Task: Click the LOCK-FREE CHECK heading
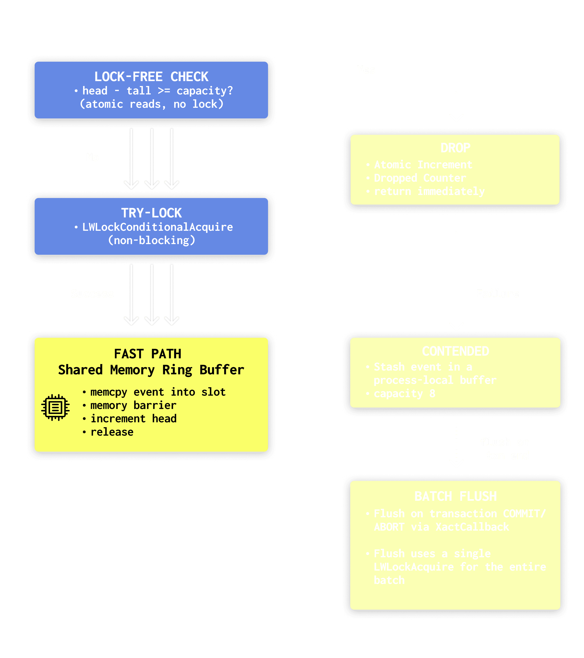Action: [151, 77]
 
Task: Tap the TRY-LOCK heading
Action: [151, 213]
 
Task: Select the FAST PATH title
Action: [148, 354]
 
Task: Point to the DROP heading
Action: [455, 148]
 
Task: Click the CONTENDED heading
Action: [455, 351]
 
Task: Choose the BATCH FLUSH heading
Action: [455, 496]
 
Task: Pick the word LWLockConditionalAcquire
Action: [157, 227]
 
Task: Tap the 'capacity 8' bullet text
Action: [404, 393]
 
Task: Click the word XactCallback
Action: [472, 527]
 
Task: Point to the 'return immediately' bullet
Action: [429, 191]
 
